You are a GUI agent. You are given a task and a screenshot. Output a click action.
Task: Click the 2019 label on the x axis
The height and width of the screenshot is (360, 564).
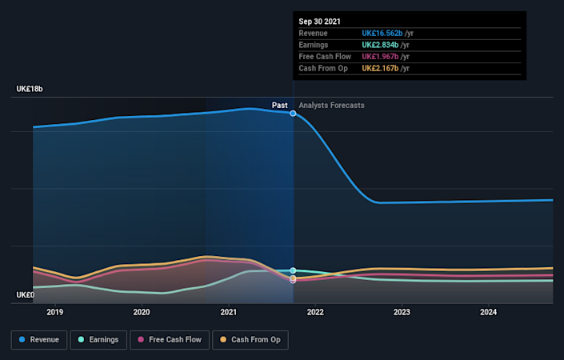pos(54,312)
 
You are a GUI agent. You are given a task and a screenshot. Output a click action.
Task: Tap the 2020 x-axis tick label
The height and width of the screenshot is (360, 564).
pos(142,312)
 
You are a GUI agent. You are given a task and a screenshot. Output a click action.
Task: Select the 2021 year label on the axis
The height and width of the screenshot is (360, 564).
pos(228,312)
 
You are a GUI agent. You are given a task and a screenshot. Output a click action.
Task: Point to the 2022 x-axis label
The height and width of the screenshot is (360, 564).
pos(314,312)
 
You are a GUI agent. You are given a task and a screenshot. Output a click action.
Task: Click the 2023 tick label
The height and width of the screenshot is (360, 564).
pos(402,312)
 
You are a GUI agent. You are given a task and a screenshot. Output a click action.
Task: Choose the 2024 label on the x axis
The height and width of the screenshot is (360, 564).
pos(488,312)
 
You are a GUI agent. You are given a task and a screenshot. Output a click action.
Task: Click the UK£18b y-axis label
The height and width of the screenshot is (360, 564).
pos(29,89)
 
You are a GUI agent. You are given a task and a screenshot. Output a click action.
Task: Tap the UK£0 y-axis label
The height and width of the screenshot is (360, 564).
pos(24,295)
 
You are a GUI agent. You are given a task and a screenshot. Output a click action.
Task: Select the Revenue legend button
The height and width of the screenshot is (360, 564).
pos(38,340)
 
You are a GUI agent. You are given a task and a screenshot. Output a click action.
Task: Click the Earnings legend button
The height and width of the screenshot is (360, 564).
pos(97,340)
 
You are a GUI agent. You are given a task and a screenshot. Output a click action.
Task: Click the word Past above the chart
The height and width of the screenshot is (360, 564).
pos(279,106)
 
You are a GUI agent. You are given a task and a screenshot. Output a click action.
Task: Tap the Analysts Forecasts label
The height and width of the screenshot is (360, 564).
pos(331,106)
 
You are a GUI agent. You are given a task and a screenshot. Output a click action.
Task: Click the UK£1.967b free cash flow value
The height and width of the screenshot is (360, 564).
pos(380,57)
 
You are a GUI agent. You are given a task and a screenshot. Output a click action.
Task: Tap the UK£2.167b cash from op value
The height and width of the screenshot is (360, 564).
pos(380,69)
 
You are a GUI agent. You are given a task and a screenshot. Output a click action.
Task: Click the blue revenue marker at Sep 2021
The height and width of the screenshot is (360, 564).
pos(293,114)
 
